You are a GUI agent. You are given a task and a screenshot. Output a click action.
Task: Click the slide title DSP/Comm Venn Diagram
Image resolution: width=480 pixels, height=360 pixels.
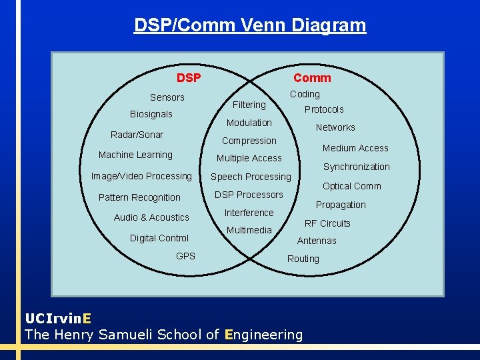[x=249, y=25]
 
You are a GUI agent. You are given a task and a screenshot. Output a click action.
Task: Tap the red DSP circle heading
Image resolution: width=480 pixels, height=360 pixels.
[x=189, y=78]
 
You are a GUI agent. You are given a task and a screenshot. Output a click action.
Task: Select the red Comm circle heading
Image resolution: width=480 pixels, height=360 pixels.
[x=312, y=78]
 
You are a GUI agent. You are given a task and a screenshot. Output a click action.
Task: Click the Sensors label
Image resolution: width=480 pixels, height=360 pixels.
[x=167, y=97]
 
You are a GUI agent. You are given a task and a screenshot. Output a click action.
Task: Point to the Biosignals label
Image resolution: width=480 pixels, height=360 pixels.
[x=151, y=114]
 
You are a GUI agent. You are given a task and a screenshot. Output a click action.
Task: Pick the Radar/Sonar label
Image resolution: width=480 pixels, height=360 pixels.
[x=137, y=135]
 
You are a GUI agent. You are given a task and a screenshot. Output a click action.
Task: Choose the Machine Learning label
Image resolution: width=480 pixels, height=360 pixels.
[x=135, y=155]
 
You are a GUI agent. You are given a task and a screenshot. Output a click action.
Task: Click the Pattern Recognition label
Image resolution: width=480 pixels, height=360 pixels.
[x=139, y=197]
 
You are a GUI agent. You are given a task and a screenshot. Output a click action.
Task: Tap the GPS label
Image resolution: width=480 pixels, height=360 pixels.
[x=185, y=256]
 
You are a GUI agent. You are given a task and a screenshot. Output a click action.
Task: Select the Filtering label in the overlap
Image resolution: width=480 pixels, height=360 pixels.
[x=249, y=105]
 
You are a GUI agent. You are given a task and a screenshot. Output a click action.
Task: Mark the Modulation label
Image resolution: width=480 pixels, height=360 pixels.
[x=249, y=123]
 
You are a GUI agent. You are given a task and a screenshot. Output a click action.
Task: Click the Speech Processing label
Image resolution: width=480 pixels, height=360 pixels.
[x=251, y=177]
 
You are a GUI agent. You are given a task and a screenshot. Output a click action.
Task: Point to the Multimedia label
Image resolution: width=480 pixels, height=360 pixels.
[x=249, y=230]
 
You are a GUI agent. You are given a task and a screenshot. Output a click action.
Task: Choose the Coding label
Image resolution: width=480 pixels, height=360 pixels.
[x=305, y=95]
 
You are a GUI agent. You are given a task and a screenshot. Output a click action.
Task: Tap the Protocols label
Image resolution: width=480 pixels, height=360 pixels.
[x=324, y=109]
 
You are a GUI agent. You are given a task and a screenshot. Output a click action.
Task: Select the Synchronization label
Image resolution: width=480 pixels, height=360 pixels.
[x=356, y=167]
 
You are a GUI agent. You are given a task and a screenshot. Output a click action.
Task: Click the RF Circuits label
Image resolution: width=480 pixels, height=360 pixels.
[x=327, y=223]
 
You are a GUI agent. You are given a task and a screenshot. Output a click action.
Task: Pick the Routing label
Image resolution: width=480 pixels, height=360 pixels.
[x=303, y=259]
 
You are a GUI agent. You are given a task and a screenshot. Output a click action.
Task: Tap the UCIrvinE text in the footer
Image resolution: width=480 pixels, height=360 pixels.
[x=59, y=317]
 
